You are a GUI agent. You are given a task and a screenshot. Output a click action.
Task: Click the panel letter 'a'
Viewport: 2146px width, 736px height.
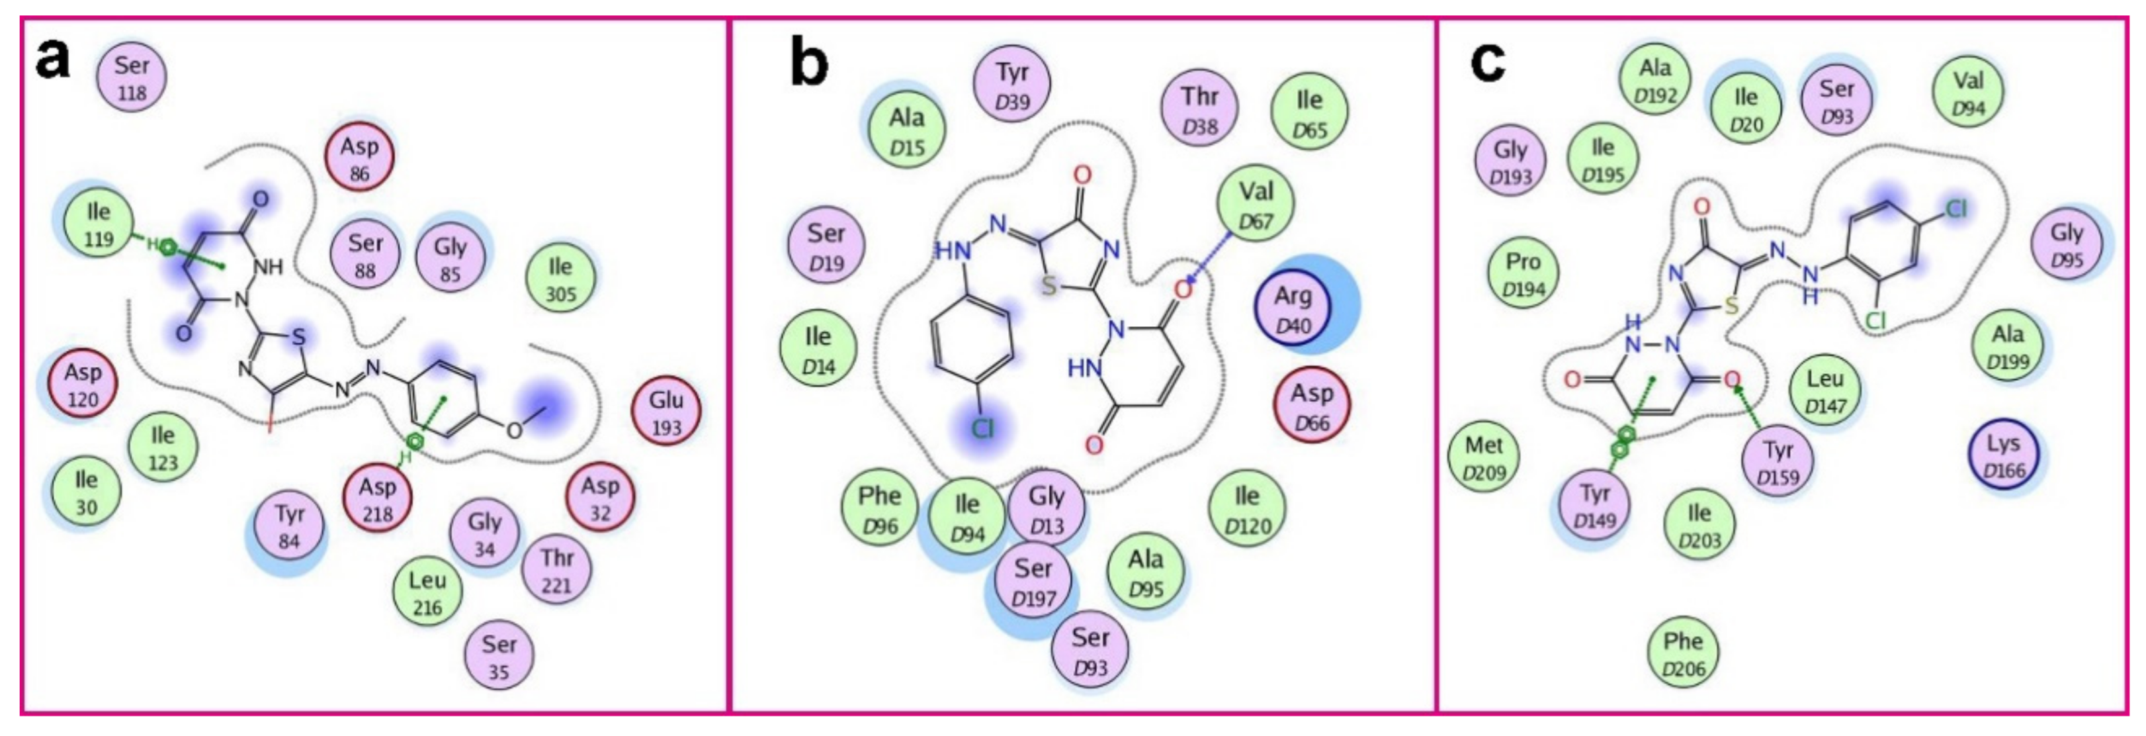52,60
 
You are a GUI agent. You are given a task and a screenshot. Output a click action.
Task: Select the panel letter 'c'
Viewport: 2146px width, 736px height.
1488,61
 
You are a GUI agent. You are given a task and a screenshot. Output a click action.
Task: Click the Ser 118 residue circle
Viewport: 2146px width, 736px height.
132,77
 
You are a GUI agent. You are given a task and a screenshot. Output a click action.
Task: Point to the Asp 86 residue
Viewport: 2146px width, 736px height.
359,158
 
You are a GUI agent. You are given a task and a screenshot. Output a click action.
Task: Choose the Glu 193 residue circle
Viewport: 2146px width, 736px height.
666,412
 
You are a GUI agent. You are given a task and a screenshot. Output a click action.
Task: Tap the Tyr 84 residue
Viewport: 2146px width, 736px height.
288,526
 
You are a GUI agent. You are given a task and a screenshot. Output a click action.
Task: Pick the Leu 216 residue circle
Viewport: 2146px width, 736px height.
427,592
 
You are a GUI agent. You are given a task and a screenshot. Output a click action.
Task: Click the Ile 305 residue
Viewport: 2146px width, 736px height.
561,279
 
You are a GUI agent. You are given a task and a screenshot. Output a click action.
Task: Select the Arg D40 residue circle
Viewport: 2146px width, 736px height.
1293,309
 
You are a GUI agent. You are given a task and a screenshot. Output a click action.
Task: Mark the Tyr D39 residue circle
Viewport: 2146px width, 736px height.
1012,85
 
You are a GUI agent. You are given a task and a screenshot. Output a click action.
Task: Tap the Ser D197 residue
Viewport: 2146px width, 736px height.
1033,582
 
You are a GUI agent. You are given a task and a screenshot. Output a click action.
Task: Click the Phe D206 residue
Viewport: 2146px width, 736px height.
1683,653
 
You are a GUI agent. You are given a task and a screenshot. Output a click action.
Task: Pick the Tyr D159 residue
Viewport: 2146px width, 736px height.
1778,462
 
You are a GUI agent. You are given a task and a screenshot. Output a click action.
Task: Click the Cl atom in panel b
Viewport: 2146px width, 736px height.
984,428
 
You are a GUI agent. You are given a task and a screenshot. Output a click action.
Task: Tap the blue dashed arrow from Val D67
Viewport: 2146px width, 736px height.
1212,257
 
